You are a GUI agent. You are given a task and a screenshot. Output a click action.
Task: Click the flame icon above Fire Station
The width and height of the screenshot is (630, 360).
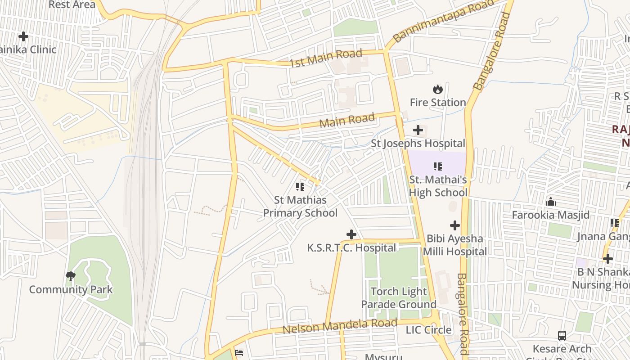click(x=437, y=89)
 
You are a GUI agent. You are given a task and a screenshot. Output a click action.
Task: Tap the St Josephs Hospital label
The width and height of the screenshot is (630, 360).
click(x=418, y=144)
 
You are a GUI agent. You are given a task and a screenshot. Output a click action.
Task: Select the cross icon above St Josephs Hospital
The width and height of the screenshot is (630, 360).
click(x=418, y=130)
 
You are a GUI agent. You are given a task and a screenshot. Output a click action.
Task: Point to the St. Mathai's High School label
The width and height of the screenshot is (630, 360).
click(x=438, y=186)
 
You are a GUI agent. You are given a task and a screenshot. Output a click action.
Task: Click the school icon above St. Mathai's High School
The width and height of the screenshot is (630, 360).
click(x=438, y=166)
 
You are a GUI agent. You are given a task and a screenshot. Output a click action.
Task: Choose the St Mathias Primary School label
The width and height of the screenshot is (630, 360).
click(x=300, y=206)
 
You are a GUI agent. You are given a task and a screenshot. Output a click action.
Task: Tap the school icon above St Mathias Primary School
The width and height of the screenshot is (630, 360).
click(x=300, y=186)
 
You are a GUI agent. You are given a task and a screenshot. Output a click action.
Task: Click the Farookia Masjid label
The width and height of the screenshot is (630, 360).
click(x=551, y=215)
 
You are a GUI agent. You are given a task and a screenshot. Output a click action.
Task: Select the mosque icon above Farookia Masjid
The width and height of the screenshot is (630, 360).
click(x=551, y=202)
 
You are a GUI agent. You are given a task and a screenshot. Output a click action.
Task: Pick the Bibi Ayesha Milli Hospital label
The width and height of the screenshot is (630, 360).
click(x=455, y=245)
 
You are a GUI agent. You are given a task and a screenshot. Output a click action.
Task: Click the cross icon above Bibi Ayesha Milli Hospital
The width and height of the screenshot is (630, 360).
click(x=455, y=225)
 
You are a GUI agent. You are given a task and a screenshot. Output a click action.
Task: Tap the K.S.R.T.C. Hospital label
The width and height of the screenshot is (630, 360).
click(x=351, y=248)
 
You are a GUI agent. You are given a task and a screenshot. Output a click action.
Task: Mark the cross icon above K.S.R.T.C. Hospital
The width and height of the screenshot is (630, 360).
click(x=351, y=234)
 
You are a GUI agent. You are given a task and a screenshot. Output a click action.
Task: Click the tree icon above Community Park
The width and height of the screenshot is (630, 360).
click(x=71, y=276)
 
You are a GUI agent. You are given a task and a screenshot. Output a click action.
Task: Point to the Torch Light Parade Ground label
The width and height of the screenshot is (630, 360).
click(x=399, y=298)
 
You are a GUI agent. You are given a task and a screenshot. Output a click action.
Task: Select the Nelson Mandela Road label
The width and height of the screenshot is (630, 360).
click(x=340, y=326)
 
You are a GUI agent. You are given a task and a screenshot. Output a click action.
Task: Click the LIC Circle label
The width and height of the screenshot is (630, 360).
click(x=428, y=330)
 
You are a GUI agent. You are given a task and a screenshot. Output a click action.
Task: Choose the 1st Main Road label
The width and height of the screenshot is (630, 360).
click(x=325, y=59)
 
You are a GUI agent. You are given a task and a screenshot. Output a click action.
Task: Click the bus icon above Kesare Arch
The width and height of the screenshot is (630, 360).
click(x=562, y=335)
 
